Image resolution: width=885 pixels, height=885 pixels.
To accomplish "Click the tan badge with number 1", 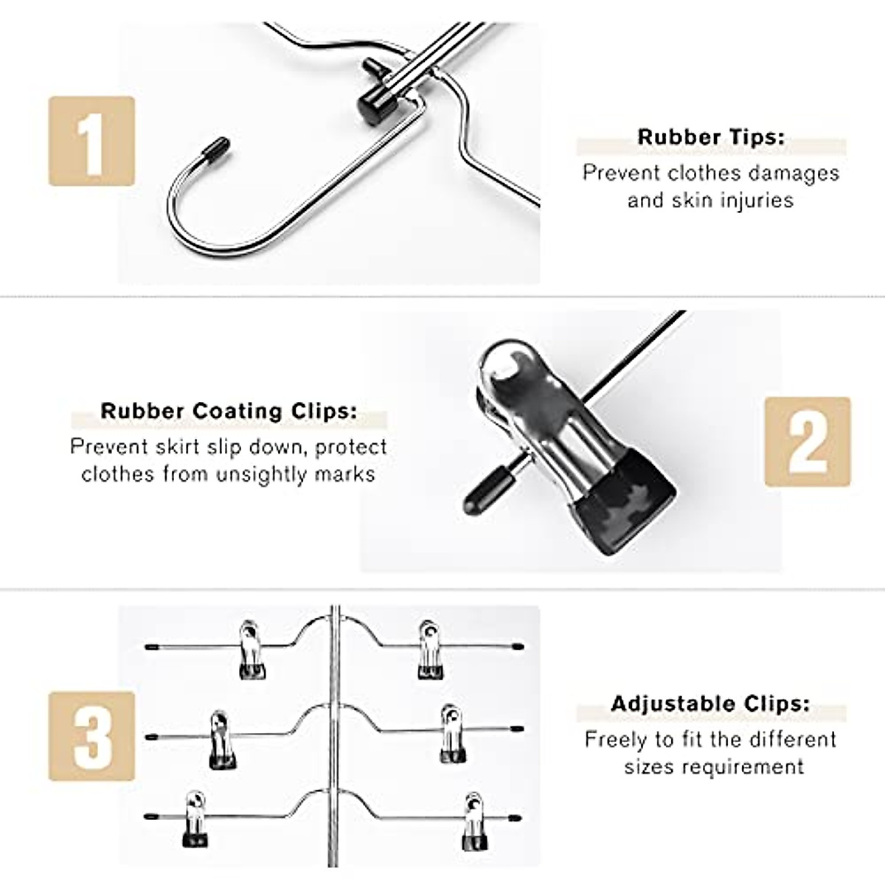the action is pos(92,141).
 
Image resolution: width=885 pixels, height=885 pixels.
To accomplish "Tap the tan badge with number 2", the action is pos(808,442).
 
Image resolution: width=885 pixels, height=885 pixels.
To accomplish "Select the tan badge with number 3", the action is pos(92,736).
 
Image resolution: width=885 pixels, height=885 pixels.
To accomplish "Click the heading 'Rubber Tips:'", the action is pos(711,137).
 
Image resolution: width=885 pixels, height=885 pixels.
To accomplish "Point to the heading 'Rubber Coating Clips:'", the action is pos(229,411).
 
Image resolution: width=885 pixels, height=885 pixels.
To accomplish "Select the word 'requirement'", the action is pos(743,766).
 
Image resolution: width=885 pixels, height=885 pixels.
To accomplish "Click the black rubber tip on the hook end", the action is pos(216,148).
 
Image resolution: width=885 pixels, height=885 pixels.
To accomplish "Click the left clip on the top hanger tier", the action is pos(251,650).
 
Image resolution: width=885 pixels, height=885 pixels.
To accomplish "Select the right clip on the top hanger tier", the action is pos(430,650).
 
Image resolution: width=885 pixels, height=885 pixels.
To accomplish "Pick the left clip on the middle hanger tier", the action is pos(222,740).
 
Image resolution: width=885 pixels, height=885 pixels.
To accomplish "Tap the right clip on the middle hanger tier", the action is pos(452,734).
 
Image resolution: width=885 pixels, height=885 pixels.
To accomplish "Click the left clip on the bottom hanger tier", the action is pos(195,819).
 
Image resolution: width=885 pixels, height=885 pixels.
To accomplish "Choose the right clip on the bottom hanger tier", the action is pos(474,821).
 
